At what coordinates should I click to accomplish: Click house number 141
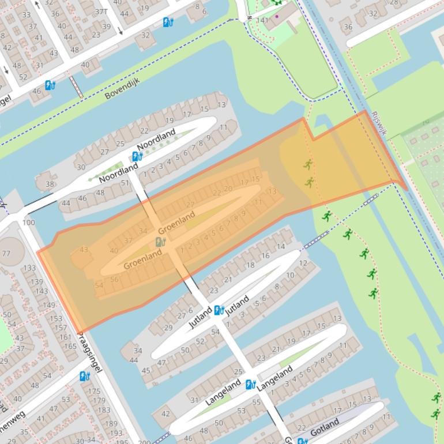click(x=262, y=20)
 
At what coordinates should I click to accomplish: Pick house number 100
click(x=28, y=223)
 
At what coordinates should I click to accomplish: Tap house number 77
click(x=6, y=253)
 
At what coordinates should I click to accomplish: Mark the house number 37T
click(x=101, y=11)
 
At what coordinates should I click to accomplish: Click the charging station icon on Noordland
click(x=137, y=156)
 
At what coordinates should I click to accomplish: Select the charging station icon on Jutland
click(x=219, y=310)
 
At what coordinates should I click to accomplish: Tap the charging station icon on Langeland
click(x=250, y=385)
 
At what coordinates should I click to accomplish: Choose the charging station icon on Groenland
click(x=160, y=242)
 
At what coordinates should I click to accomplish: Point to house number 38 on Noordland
click(x=50, y=185)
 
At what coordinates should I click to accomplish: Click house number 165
click(x=70, y=346)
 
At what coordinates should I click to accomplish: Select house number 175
click(x=94, y=391)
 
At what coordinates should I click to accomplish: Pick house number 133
click(x=29, y=268)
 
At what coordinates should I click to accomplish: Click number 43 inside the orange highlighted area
click(x=84, y=249)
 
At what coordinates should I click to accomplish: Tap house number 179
click(x=99, y=400)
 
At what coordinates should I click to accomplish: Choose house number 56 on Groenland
click(x=114, y=280)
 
